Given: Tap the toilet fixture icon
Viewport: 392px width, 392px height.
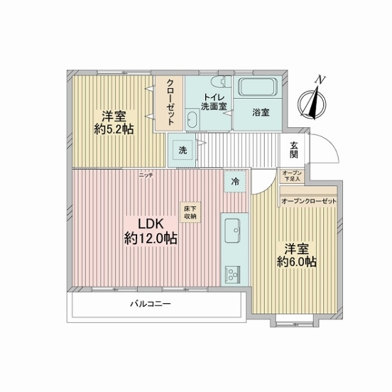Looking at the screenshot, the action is coord(221,81).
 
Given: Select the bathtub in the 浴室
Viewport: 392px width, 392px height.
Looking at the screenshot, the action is coord(258,87).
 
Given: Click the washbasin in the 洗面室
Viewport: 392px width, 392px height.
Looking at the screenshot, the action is coord(193,120).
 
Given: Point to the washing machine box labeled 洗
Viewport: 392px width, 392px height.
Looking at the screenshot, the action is coord(183,150).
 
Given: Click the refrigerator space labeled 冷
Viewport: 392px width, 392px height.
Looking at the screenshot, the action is coord(235,182).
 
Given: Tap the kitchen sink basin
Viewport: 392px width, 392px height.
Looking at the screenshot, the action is coord(233,231).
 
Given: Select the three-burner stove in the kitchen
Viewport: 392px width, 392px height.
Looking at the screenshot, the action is coord(233,275).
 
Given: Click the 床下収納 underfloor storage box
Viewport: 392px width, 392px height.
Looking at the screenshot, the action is coord(190,212).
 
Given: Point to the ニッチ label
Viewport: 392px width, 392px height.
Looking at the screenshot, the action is coord(146,175).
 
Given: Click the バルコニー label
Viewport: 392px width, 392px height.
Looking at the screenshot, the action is coord(150,304).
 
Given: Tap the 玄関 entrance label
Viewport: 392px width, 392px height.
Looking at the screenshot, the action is coord(294,150).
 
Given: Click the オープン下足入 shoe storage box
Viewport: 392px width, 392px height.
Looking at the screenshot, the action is coord(292,176).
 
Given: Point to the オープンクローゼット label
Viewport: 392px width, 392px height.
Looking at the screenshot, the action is coord(309,201).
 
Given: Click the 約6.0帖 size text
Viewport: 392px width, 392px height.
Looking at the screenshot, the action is coord(297,262).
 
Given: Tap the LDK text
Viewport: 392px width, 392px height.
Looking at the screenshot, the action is coord(151,224).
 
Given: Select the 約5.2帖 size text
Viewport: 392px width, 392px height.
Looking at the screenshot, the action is coord(114,129).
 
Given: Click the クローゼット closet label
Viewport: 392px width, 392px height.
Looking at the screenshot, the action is coord(171,103).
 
